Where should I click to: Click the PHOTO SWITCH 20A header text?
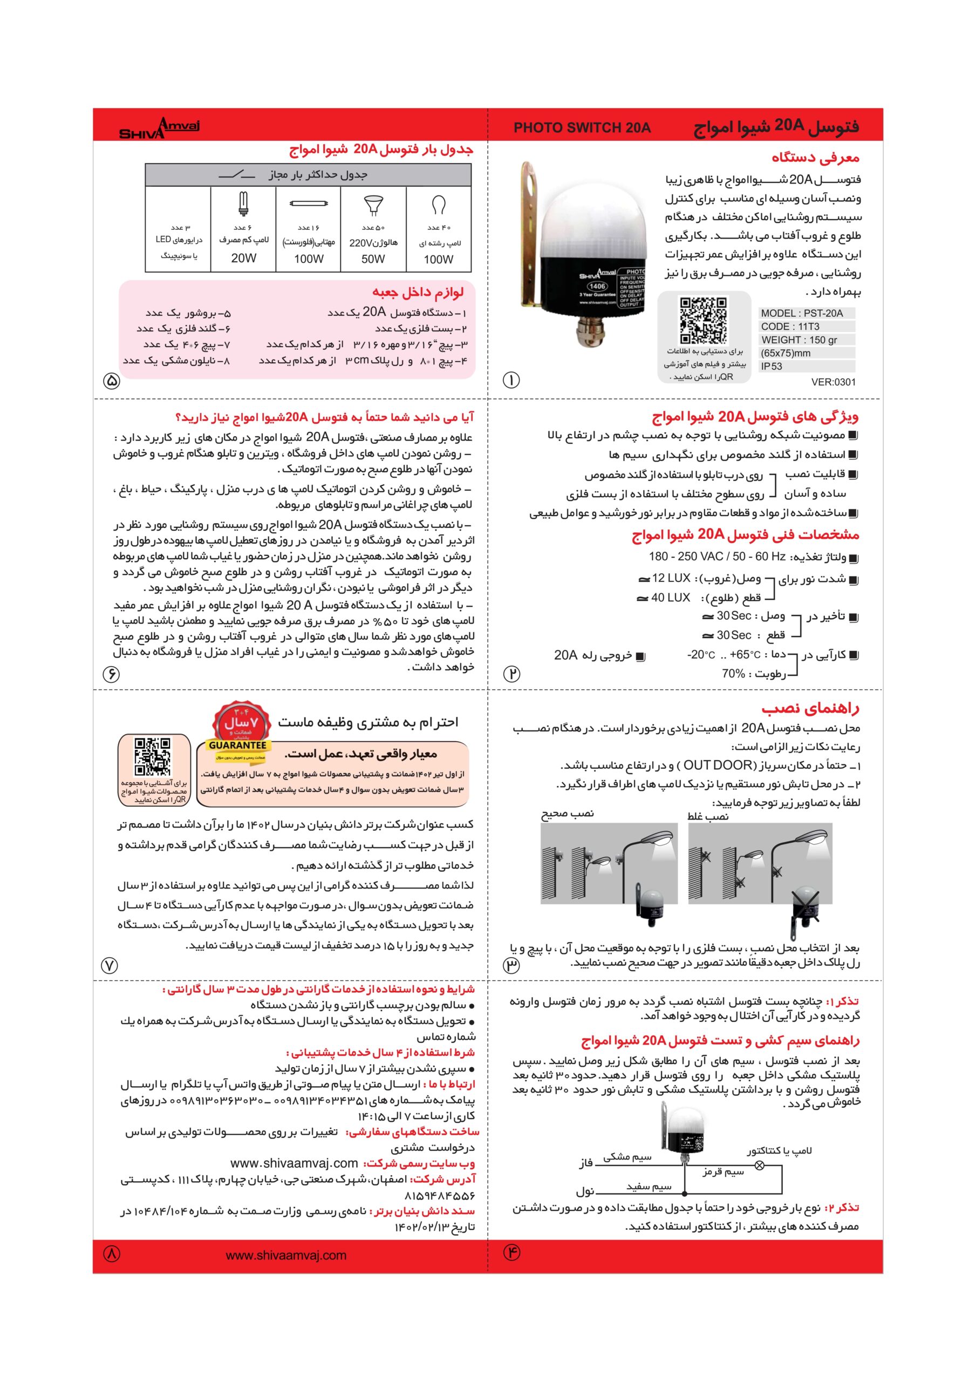tap(581, 127)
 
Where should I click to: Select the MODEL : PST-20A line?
tap(802, 313)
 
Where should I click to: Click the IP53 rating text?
tap(772, 366)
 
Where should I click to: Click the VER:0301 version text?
tap(833, 382)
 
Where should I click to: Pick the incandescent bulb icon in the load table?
tap(438, 206)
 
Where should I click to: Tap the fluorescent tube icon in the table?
tap(308, 204)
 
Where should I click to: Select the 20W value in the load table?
tap(243, 258)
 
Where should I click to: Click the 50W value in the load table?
tap(373, 259)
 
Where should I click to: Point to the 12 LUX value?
tap(670, 578)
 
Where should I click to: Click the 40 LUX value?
tap(670, 598)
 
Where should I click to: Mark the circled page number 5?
tap(112, 381)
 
